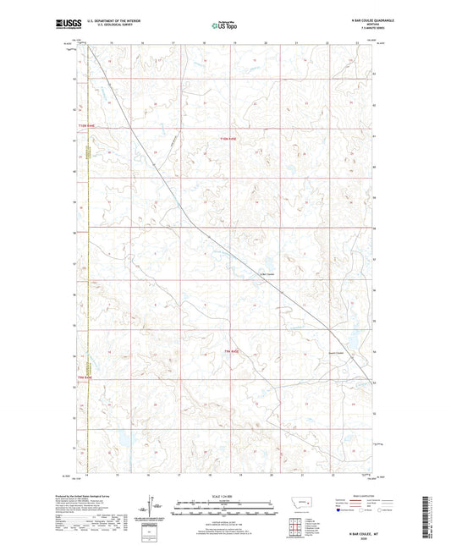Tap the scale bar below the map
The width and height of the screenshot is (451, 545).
(x=225, y=508)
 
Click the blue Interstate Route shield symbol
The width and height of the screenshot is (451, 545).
(x=340, y=510)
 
